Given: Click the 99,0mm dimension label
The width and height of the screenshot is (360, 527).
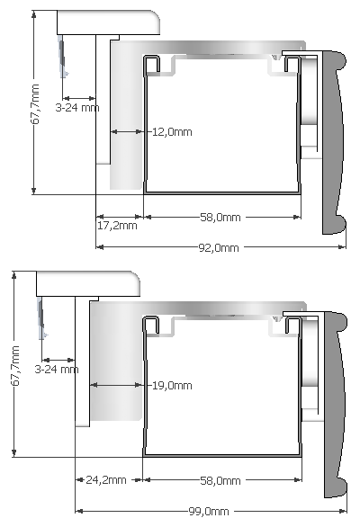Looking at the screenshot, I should tap(207, 511).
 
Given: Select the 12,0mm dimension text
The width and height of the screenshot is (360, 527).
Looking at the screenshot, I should tap(172, 131).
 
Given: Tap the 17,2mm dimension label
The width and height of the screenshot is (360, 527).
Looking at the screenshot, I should tap(117, 226).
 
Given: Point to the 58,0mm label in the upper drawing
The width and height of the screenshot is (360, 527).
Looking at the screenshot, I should tap(220, 217).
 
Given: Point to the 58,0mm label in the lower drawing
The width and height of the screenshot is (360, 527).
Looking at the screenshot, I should tap(220, 480).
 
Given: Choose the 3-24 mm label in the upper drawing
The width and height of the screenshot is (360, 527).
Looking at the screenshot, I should tap(77, 107).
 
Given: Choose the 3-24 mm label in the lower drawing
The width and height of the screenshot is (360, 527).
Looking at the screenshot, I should tap(57, 369).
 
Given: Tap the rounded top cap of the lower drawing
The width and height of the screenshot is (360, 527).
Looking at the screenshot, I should tap(88, 283).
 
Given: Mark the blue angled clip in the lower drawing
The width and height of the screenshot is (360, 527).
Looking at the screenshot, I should tap(41, 319).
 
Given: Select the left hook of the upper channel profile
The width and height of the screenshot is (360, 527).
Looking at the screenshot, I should tap(151, 62).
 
